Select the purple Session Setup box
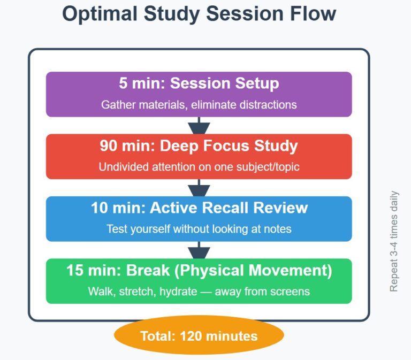pyautogui.click(x=199, y=94)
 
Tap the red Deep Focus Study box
pyautogui.click(x=199, y=156)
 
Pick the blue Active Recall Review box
pyautogui.click(x=199, y=218)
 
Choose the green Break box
pyautogui.click(x=199, y=281)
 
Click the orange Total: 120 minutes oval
pyautogui.click(x=199, y=336)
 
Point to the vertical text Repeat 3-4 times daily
pyautogui.click(x=394, y=241)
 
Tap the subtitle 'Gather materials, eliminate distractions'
pyautogui.click(x=199, y=105)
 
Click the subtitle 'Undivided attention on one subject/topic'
pyautogui.click(x=199, y=167)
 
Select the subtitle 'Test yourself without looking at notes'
pyautogui.click(x=199, y=229)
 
